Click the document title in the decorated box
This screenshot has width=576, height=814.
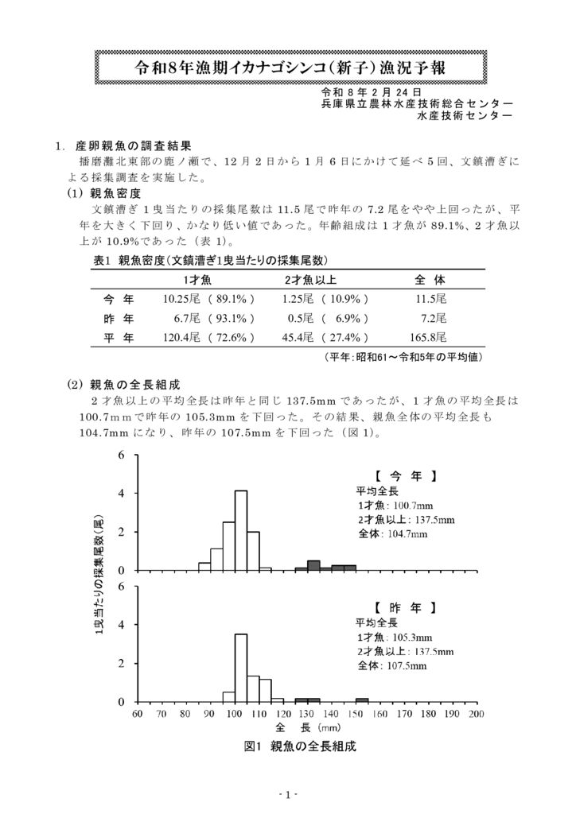pos(287,66)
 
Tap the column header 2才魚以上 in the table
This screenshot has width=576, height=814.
pos(311,281)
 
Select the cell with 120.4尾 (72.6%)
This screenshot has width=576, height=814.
pos(208,337)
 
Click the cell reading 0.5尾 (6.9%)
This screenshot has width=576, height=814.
pos(325,318)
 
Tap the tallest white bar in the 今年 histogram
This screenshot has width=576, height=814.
pos(241,530)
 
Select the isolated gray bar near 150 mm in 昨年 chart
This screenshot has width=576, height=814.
pos(362,700)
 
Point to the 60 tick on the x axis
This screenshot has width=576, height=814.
pos(138,714)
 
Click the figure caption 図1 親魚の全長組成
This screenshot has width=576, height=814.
pos(300,746)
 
